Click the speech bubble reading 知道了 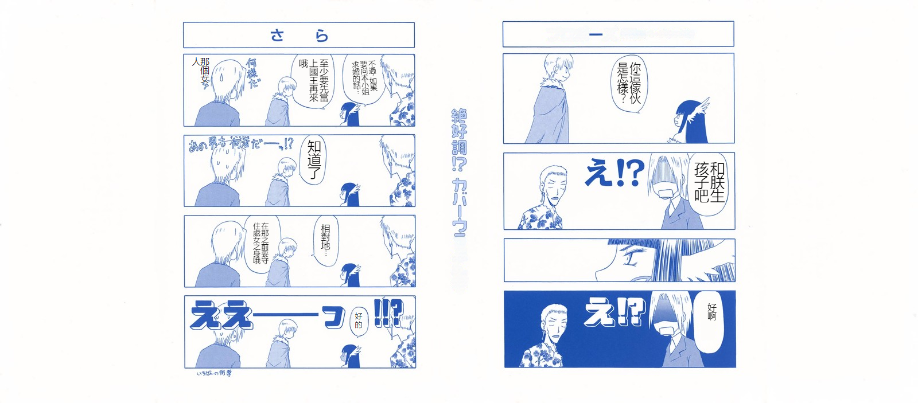(314, 160)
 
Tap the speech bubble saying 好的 (358, 320)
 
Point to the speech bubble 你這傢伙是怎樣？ (629, 84)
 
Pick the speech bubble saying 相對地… (325, 240)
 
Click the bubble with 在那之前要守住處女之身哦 (261, 243)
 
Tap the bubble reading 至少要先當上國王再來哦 (314, 80)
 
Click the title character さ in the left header (277, 36)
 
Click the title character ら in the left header (322, 36)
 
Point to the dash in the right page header (596, 34)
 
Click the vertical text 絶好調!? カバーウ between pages (459, 172)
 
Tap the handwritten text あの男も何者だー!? (241, 144)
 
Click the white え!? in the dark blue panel (614, 312)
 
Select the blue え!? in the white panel (614, 172)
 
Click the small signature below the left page (214, 373)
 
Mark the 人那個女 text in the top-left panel (201, 72)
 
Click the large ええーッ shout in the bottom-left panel (267, 316)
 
